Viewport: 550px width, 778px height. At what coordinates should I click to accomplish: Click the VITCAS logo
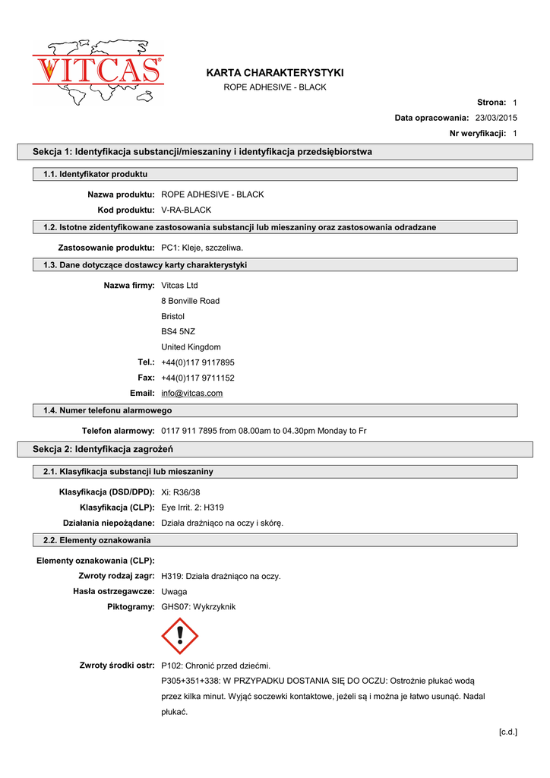coord(97,71)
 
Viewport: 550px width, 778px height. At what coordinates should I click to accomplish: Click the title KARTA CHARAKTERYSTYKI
coord(274,73)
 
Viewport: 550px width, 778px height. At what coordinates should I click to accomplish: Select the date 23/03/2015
coord(496,118)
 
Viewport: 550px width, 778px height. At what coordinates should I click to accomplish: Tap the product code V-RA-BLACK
coord(186,210)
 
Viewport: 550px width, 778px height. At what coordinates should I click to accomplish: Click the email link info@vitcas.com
coord(192,393)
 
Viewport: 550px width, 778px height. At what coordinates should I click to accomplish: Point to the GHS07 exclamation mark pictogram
coord(180,636)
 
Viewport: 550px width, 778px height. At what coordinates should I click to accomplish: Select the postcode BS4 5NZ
coord(179,331)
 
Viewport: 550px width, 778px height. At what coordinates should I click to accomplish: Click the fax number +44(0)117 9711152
coord(198,378)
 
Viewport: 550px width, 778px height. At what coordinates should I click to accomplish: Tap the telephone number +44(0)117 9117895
coord(198,362)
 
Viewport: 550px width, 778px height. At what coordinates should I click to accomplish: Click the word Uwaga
coord(174,591)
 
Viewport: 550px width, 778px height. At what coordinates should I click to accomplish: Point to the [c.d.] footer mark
coord(507,732)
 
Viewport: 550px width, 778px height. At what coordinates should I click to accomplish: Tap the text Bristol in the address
coord(173,316)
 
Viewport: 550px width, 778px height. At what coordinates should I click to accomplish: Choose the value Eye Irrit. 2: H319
coord(193,508)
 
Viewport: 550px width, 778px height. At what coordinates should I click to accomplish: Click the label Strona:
coord(492,102)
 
